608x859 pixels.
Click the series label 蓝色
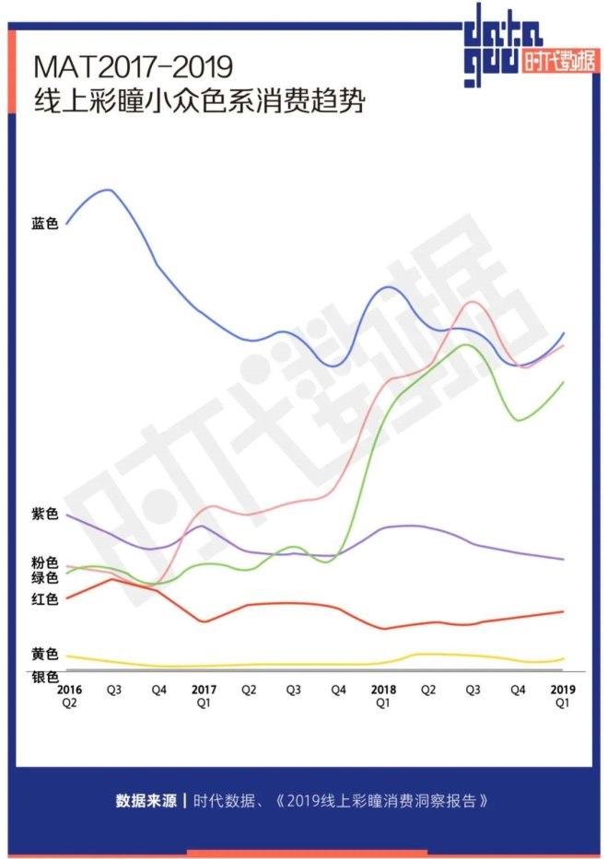[x=44, y=224]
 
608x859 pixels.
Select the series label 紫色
[x=44, y=514]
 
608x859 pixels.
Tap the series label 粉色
[x=44, y=562]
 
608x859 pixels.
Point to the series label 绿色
[x=44, y=577]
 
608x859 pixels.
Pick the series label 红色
[x=44, y=600]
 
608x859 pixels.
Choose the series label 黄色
[x=44, y=655]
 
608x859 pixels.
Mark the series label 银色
[x=44, y=677]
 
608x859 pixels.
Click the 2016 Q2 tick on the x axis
[x=68, y=695]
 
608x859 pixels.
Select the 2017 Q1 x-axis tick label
[x=204, y=695]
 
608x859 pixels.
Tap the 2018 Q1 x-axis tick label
[x=383, y=695]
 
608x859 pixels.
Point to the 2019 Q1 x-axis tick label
[x=563, y=695]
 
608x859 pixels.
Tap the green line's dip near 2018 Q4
[x=519, y=421]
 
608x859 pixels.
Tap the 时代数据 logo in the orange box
[x=556, y=64]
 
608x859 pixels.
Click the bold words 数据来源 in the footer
[x=146, y=800]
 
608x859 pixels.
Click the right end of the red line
[x=563, y=610]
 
